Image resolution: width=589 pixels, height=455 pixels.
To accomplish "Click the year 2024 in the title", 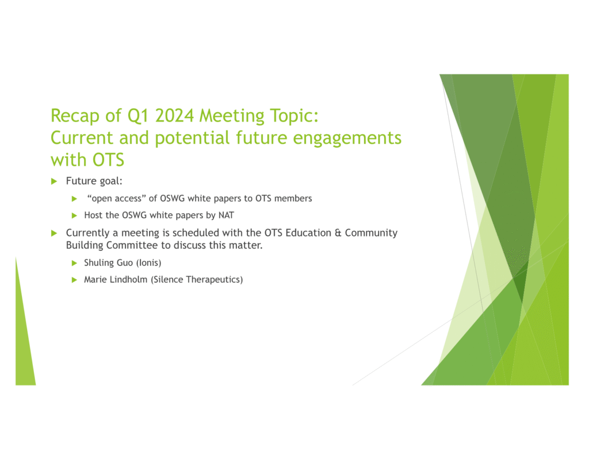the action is coord(175,116).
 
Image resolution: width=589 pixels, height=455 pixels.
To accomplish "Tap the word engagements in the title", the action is coord(347,138).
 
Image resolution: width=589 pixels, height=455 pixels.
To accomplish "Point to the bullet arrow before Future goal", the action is coord(54,181).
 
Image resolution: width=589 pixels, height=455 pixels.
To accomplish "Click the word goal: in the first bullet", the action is coord(111,181).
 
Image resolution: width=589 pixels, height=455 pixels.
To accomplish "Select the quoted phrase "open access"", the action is coord(116,198).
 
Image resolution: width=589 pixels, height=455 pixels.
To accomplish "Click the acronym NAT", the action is coord(226,215).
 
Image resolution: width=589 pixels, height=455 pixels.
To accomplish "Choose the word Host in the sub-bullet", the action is coord(93,215).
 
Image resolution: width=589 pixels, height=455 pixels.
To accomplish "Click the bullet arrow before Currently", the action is coord(54,233).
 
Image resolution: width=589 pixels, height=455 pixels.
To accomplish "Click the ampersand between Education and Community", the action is coord(338,233).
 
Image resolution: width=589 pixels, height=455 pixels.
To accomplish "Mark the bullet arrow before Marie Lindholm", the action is coord(74,280).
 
